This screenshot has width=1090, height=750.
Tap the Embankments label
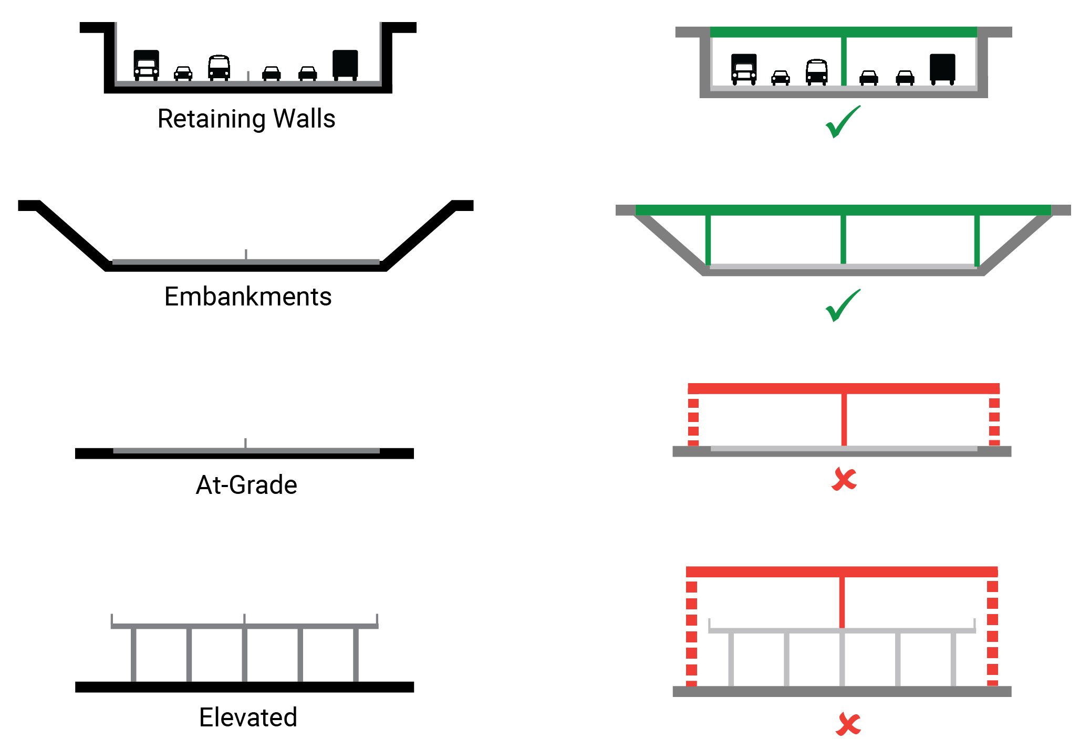(x=248, y=297)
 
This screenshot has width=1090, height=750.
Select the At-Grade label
(x=246, y=484)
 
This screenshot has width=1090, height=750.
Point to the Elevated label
(x=248, y=717)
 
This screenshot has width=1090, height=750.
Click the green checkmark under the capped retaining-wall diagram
(x=843, y=122)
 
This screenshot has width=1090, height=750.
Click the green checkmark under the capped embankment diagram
(x=843, y=305)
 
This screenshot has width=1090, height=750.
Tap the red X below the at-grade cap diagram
(x=844, y=479)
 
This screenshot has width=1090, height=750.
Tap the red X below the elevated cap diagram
(x=848, y=724)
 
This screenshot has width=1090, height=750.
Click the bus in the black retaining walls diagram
(x=219, y=68)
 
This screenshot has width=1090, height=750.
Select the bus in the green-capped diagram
(x=817, y=72)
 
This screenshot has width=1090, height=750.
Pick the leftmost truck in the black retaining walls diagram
(x=146, y=65)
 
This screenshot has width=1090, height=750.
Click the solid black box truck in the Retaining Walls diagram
(x=345, y=65)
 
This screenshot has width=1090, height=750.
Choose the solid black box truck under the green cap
(x=942, y=69)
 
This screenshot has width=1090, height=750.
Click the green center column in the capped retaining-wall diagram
(x=844, y=61)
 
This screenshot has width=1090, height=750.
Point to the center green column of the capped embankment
(x=843, y=239)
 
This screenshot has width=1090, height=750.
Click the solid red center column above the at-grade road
(x=844, y=420)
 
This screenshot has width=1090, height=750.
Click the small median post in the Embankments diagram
(x=246, y=254)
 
